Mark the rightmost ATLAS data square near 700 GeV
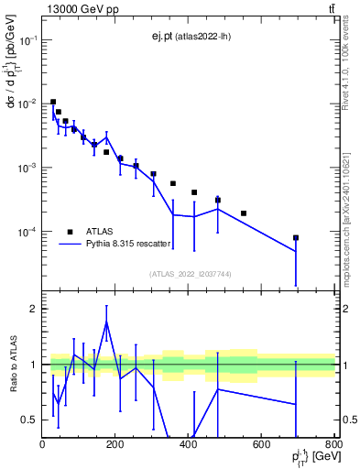coord(296,237)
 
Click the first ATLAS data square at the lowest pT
coord(53,102)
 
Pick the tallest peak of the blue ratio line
coord(107,322)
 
